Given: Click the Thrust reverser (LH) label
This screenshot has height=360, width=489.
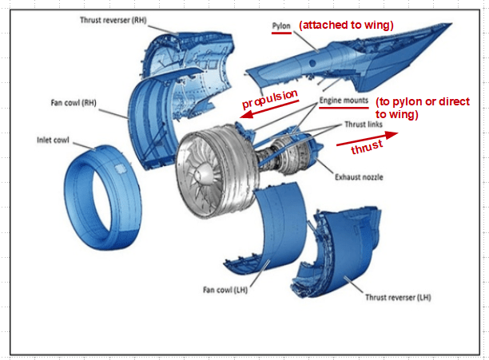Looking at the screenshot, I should click(x=398, y=298).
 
